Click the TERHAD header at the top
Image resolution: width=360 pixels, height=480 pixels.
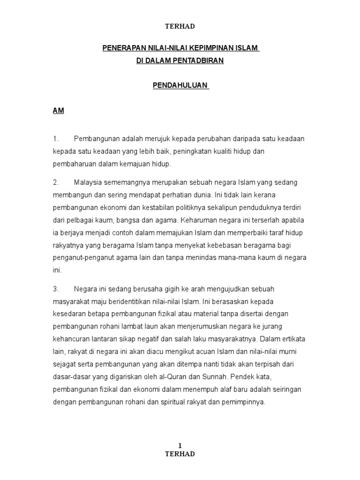pyautogui.click(x=180, y=27)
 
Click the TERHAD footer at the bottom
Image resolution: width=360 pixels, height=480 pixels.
pyautogui.click(x=180, y=454)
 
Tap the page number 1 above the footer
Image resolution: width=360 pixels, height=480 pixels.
pyautogui.click(x=180, y=446)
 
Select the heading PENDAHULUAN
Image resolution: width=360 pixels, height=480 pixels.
pyautogui.click(x=180, y=86)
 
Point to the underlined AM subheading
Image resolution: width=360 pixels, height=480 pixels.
pyautogui.click(x=58, y=111)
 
